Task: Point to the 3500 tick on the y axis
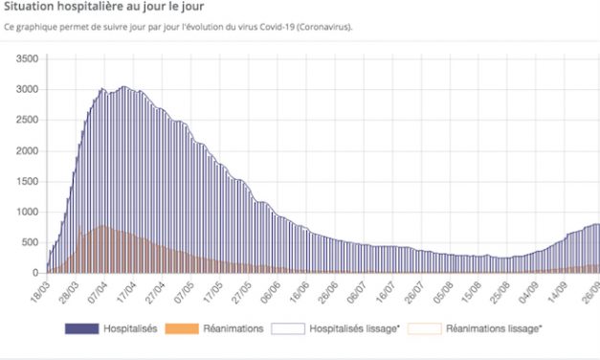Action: (x=25, y=59)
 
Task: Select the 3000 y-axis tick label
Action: (x=25, y=90)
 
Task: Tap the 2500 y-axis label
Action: (x=25, y=121)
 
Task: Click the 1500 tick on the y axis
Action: (x=25, y=182)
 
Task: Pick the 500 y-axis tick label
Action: (x=28, y=243)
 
